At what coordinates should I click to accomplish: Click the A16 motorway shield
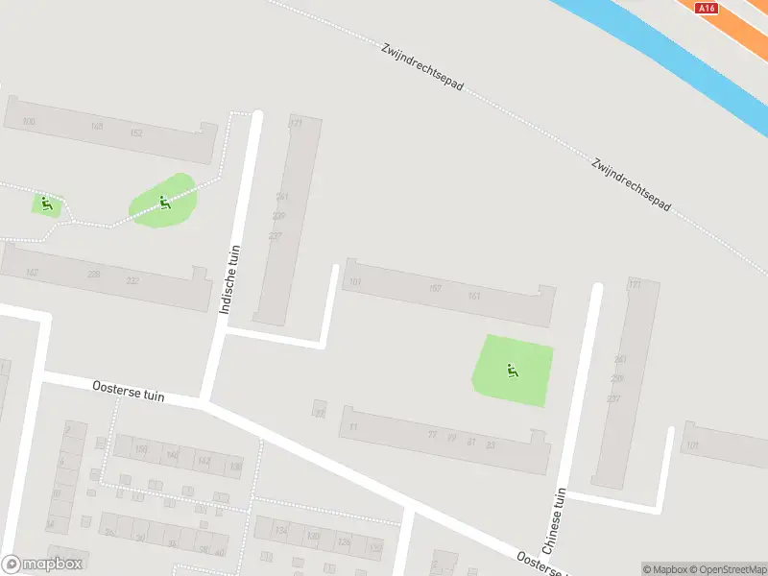pyautogui.click(x=708, y=8)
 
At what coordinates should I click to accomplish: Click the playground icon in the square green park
pyautogui.click(x=513, y=371)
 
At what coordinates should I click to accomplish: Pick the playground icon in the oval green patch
pyautogui.click(x=164, y=203)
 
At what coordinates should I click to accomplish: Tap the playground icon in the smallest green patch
pyautogui.click(x=44, y=203)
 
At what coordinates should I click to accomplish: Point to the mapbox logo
pyautogui.click(x=42, y=564)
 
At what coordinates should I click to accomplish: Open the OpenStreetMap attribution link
pyautogui.click(x=726, y=569)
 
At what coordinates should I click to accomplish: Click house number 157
pyautogui.click(x=435, y=288)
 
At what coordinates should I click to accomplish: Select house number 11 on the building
pyautogui.click(x=353, y=426)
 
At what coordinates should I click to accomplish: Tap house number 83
pyautogui.click(x=490, y=444)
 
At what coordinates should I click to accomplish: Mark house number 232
pyautogui.click(x=132, y=280)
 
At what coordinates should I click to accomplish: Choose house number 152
pyautogui.click(x=136, y=132)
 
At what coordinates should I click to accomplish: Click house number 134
pyautogui.click(x=281, y=530)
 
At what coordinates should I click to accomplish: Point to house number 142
pyautogui.click(x=204, y=461)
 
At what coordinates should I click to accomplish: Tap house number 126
pyautogui.click(x=343, y=541)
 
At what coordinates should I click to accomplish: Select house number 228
pyautogui.click(x=93, y=275)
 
